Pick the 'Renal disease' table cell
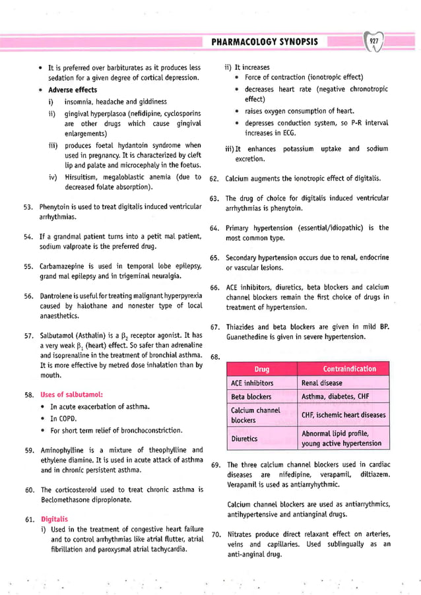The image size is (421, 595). (x=321, y=383)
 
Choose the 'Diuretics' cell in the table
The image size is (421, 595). (x=244, y=438)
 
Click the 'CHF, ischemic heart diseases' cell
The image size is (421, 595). (x=343, y=415)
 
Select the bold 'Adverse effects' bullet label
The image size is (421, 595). (x=73, y=90)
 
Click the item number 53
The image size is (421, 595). (x=28, y=207)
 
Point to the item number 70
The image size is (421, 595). (x=214, y=533)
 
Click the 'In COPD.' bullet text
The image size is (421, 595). (x=65, y=418)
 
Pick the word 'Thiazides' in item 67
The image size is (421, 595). (x=241, y=327)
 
